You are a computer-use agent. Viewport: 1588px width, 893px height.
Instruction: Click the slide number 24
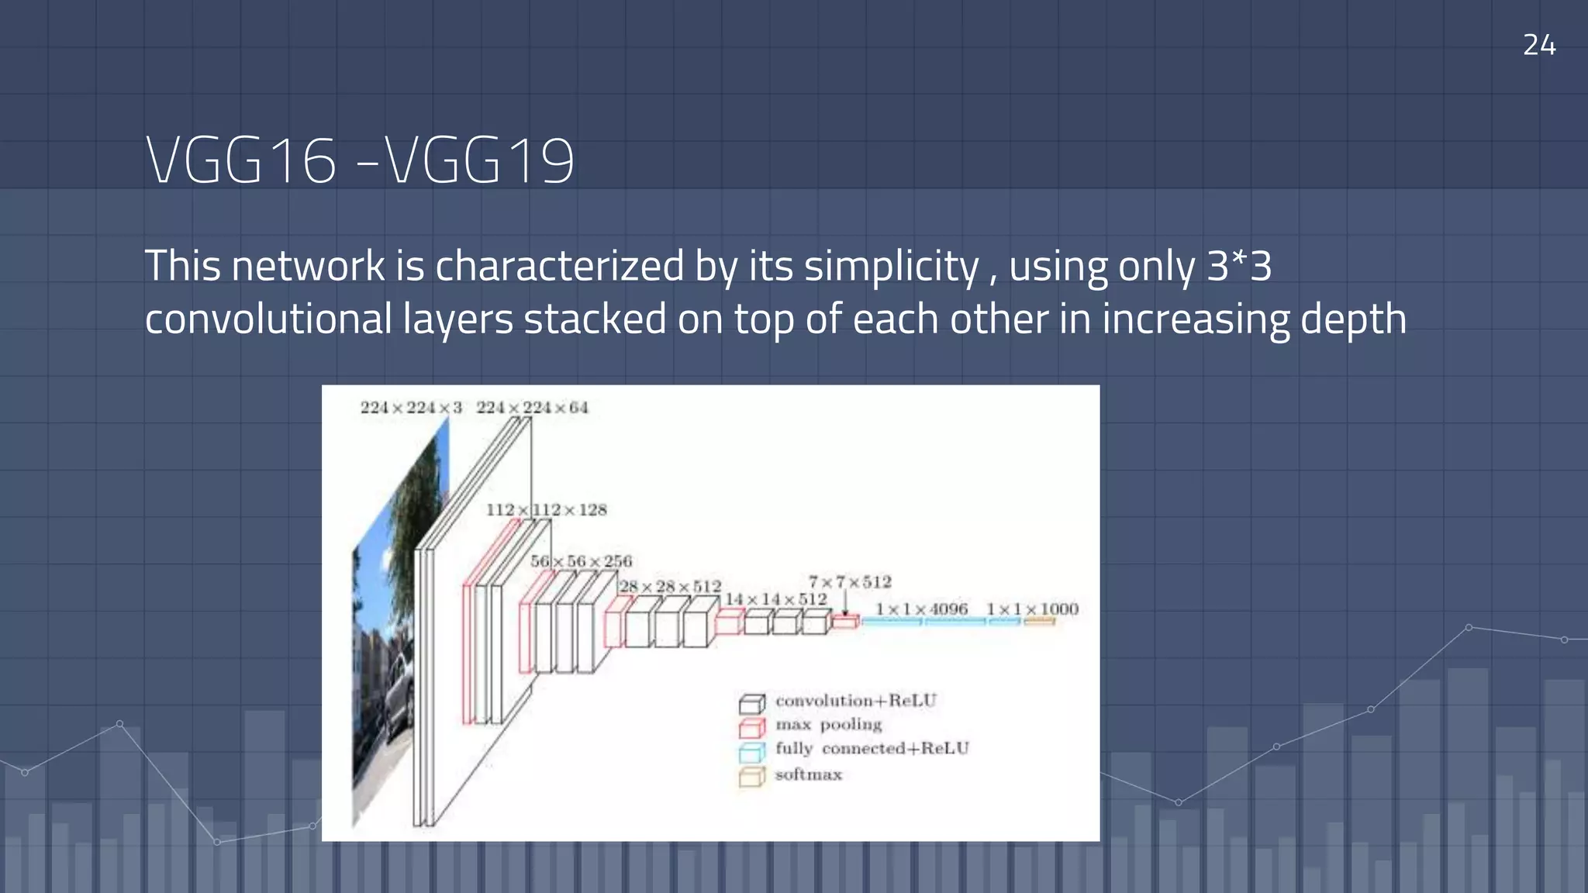(1538, 45)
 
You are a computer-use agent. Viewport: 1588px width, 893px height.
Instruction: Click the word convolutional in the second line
(268, 319)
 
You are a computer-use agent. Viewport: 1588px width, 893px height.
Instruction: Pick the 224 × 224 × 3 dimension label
(411, 408)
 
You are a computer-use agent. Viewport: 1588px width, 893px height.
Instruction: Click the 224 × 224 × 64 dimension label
(532, 408)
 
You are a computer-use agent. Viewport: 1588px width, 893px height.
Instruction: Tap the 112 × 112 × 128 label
(546, 510)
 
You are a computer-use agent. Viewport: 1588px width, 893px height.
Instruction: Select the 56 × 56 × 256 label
(581, 561)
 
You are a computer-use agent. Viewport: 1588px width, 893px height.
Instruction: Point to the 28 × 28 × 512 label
(670, 587)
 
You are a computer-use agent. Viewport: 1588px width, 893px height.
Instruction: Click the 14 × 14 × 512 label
(775, 599)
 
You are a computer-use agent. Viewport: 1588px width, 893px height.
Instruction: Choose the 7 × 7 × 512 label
(850, 581)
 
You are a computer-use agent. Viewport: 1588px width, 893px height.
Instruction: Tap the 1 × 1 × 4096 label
(921, 609)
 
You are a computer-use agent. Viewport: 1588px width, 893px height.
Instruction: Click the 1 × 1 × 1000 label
(1032, 609)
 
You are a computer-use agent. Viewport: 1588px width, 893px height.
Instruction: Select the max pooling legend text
(828, 725)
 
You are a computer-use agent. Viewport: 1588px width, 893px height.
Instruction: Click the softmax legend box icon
(751, 777)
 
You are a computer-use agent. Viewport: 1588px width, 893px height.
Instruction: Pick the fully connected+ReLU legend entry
(872, 749)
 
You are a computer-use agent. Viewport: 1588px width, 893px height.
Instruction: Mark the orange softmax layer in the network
(1039, 621)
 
